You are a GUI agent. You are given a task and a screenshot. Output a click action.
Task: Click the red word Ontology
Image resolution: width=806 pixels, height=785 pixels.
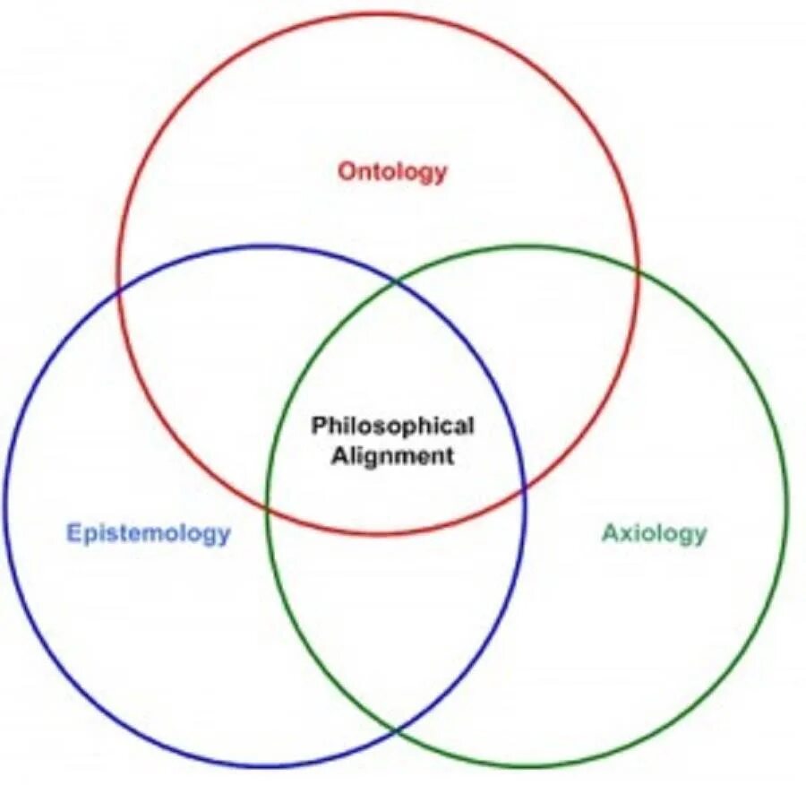(x=391, y=170)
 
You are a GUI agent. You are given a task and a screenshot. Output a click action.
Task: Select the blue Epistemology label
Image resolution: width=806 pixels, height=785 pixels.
(x=149, y=533)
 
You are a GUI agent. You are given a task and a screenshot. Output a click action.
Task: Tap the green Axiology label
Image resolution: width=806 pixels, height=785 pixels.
(x=654, y=533)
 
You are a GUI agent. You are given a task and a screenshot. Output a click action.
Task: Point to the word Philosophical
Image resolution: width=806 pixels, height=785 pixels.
(x=392, y=425)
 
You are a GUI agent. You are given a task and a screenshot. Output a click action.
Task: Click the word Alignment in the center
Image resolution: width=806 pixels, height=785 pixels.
(x=393, y=454)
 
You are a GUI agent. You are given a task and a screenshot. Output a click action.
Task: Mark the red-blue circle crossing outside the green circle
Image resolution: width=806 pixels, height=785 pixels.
(x=118, y=289)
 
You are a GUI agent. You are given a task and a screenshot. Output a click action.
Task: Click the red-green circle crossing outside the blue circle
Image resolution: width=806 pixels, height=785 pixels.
(x=639, y=268)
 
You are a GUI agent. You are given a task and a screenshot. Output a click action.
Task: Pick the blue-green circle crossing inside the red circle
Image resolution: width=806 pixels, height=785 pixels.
(x=397, y=281)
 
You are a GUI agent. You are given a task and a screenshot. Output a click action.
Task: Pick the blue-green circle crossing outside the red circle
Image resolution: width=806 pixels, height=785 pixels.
(x=396, y=732)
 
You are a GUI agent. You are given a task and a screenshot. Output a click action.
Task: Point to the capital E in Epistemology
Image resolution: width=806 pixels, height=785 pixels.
(x=74, y=533)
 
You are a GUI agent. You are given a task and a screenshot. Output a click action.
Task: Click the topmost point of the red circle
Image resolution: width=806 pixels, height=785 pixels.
(x=379, y=13)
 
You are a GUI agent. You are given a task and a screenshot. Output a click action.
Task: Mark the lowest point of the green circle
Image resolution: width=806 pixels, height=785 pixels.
(x=527, y=768)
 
